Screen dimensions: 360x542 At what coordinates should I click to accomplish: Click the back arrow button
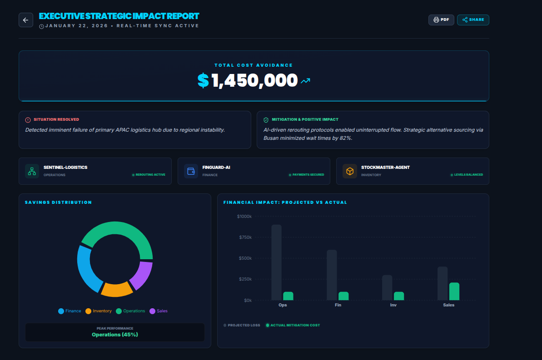[x=25, y=20]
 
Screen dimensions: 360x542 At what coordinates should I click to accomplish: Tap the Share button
[x=473, y=20]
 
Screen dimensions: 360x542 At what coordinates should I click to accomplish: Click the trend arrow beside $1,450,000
[x=305, y=81]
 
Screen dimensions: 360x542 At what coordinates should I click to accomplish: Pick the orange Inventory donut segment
[x=116, y=289]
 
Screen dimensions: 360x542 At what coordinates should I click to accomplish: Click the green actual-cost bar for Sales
[x=454, y=291]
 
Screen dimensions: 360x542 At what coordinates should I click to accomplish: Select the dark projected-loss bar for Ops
[x=276, y=262]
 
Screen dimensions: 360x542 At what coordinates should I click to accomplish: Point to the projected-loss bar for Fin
[x=332, y=275]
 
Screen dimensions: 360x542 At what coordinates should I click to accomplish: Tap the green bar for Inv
[x=399, y=296]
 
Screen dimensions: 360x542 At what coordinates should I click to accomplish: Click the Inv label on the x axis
[x=393, y=305]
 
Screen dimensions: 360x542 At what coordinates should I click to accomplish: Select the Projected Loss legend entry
[x=242, y=325]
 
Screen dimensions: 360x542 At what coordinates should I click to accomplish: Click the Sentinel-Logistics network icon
[x=32, y=171]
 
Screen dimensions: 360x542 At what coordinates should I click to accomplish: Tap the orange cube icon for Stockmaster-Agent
[x=350, y=171]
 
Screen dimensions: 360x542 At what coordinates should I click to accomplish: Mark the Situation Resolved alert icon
[x=28, y=120]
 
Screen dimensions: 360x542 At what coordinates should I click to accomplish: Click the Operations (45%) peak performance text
[x=115, y=335]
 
